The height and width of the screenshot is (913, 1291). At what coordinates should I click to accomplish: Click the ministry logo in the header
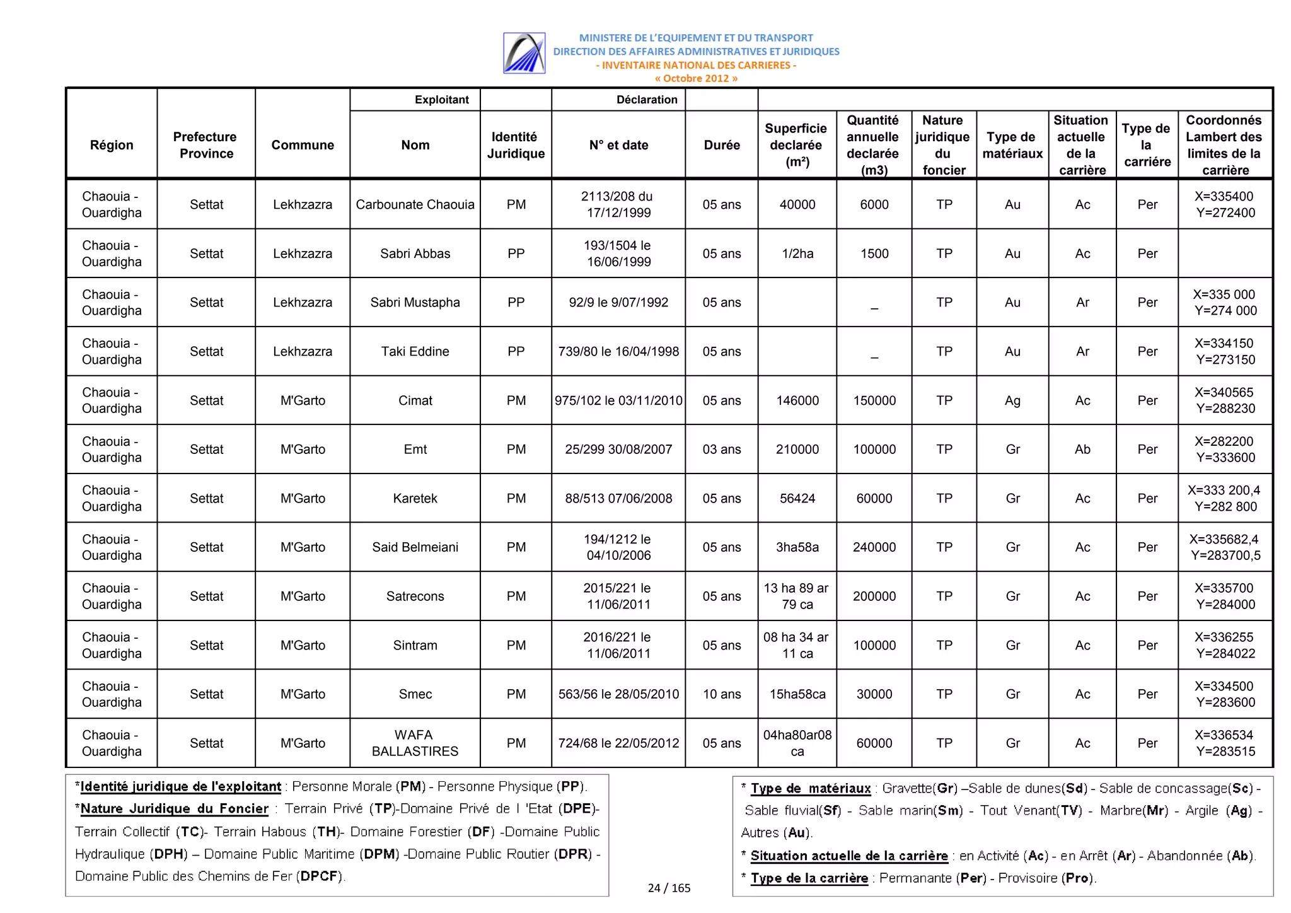[524, 53]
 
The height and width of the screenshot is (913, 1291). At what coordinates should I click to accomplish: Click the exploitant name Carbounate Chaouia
[415, 204]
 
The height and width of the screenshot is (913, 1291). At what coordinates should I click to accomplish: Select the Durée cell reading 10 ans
[721, 694]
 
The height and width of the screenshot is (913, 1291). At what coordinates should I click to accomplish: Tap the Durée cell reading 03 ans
[721, 450]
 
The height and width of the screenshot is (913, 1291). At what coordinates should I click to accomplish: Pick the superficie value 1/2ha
[797, 253]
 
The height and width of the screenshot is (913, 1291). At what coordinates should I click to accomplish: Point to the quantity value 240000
[874, 547]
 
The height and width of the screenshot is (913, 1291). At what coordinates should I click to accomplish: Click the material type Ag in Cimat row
[1012, 400]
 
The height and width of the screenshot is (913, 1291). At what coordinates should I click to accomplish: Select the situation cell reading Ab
[1082, 450]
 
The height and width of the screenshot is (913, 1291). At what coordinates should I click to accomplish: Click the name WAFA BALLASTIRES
[415, 743]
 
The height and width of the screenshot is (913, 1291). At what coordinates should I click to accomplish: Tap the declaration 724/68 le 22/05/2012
[618, 743]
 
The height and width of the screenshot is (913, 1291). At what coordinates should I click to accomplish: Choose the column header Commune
[303, 145]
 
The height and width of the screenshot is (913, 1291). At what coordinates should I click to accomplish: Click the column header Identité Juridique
[515, 145]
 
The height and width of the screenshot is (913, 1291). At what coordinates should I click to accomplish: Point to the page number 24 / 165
[669, 888]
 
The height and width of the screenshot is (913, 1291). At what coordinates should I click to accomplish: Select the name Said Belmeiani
[415, 547]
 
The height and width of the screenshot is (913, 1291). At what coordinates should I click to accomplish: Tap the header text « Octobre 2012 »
[695, 79]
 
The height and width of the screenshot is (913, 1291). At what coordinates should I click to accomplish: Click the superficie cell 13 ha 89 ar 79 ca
[796, 596]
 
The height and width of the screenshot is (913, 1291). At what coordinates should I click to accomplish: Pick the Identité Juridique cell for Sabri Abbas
[516, 253]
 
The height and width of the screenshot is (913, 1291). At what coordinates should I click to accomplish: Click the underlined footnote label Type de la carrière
[809, 878]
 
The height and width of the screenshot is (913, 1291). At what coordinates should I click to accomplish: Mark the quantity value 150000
[874, 400]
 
